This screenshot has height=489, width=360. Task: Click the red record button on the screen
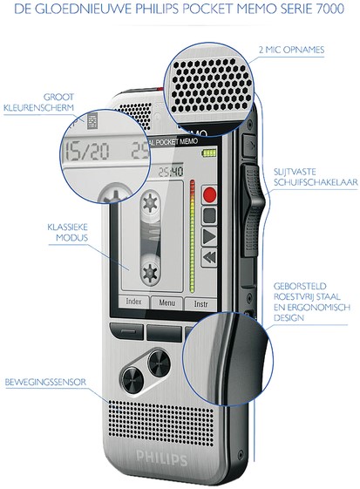tap(209, 194)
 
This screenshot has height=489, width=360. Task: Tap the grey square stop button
tap(209, 215)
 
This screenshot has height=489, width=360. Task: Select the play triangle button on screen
tap(209, 236)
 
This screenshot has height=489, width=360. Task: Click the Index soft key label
tap(133, 302)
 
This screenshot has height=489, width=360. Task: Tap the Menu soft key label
tap(166, 302)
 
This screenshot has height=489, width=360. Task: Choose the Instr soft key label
tap(200, 303)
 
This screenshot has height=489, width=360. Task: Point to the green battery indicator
tap(209, 153)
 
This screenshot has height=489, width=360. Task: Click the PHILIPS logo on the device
tap(162, 458)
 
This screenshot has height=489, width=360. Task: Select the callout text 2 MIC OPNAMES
tap(291, 50)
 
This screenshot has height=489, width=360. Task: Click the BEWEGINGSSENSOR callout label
tap(45, 382)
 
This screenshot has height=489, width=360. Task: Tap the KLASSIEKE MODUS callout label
tap(68, 233)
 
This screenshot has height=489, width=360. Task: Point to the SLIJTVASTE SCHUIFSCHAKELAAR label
tap(316, 177)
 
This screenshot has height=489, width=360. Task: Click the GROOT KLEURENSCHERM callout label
tap(39, 102)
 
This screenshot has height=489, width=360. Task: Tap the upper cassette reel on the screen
tap(151, 203)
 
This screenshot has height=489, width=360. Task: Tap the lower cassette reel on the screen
tap(151, 271)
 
